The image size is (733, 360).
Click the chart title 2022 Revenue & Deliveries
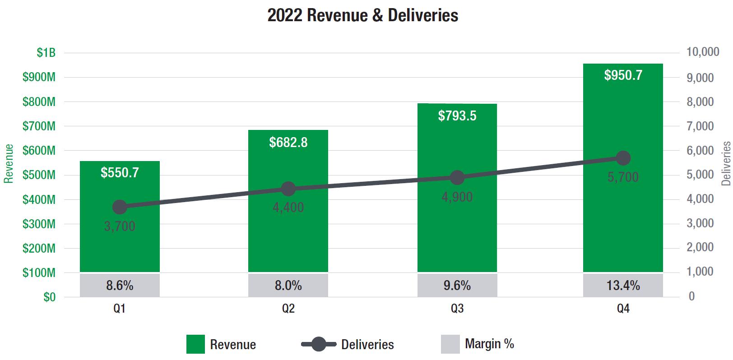(x=362, y=15)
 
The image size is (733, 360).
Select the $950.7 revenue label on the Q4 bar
(x=623, y=75)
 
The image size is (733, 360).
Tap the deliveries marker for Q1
(x=120, y=207)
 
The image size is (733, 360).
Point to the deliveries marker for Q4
(x=623, y=158)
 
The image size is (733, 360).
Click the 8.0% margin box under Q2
(x=288, y=286)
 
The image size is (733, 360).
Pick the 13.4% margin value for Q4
(x=623, y=286)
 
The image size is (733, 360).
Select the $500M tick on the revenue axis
(x=39, y=175)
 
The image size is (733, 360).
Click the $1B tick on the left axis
(x=46, y=53)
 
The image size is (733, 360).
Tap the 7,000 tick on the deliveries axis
(x=700, y=126)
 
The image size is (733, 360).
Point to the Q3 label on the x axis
(x=457, y=309)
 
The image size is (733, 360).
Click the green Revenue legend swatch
(x=195, y=344)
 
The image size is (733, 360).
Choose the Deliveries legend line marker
(x=319, y=344)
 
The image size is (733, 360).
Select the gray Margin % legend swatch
(x=450, y=344)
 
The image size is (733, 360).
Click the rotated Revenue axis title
(x=9, y=163)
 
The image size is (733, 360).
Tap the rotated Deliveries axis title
(x=726, y=163)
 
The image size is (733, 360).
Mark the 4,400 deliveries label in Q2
(x=288, y=208)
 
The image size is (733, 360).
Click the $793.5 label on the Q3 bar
(x=457, y=116)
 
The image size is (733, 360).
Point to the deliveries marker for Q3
(x=457, y=178)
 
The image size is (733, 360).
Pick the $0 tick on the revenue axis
(x=50, y=297)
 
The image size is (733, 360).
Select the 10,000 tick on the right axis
(x=702, y=52)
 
